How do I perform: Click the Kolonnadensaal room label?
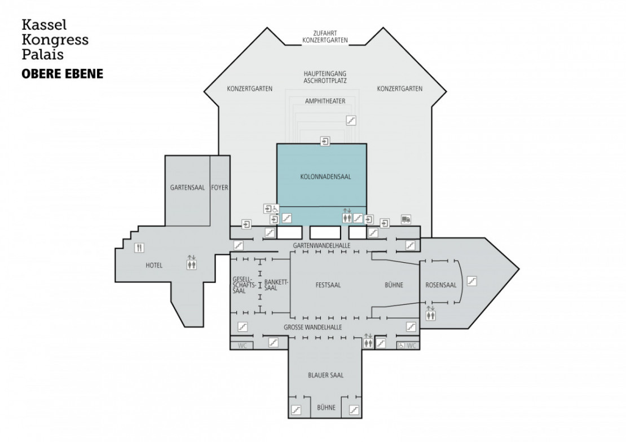(x=322, y=176)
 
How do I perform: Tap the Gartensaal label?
(x=187, y=187)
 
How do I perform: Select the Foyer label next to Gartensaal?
(x=219, y=187)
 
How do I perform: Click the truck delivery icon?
(x=405, y=219)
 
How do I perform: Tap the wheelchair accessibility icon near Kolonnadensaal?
(x=275, y=209)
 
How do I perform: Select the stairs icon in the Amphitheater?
(x=351, y=120)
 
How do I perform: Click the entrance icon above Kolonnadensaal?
(x=325, y=141)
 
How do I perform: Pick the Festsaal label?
(x=328, y=285)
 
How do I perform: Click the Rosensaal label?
(x=441, y=285)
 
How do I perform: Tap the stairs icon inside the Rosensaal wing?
(x=472, y=280)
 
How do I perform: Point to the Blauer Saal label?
(x=326, y=375)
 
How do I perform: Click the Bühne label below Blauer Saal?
(x=326, y=407)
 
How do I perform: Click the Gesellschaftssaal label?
(x=242, y=285)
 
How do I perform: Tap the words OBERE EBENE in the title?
(x=62, y=74)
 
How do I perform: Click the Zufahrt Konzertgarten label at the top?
(x=325, y=37)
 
